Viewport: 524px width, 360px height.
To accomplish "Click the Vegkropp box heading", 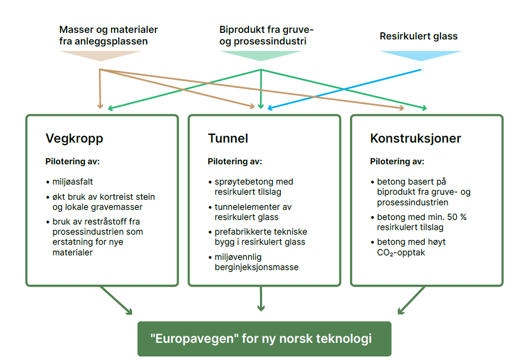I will click(x=74, y=139).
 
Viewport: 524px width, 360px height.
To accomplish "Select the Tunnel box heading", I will click(x=228, y=139).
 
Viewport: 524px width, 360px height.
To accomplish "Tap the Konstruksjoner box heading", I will click(x=415, y=139).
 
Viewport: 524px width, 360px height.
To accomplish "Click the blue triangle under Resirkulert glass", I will click(x=420, y=55).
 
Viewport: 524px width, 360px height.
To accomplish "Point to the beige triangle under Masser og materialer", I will click(x=100, y=55).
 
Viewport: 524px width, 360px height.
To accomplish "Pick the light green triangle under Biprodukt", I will click(x=260, y=55).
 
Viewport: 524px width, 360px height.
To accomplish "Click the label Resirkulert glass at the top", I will click(x=418, y=36).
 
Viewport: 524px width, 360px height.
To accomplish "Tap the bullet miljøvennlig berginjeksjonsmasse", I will click(x=253, y=262).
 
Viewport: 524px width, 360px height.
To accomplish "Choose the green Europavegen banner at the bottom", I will click(x=264, y=339).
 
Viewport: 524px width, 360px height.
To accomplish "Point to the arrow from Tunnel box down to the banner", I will click(x=261, y=298).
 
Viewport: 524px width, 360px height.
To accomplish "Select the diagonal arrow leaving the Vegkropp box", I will click(x=115, y=300).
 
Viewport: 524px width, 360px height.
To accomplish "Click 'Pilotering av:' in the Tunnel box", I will click(x=235, y=162).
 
